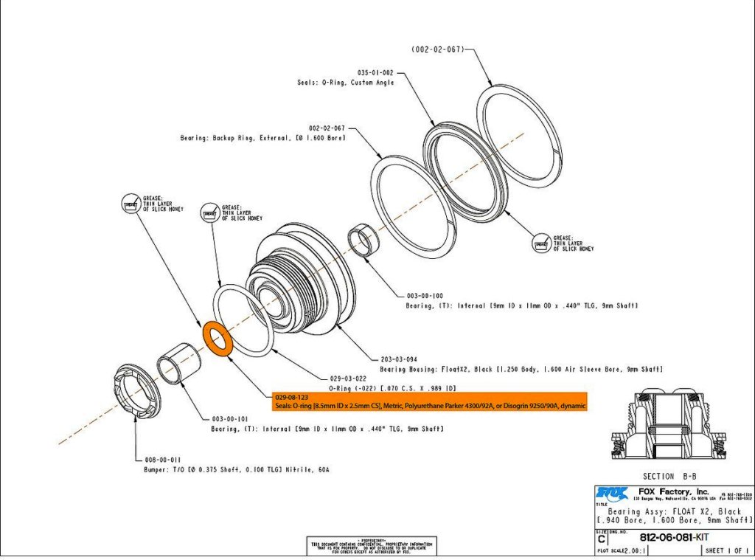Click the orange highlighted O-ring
(218, 339)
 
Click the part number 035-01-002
(375, 73)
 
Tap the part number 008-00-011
(161, 459)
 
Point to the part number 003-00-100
(425, 296)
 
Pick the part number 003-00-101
(230, 418)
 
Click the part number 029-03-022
(347, 377)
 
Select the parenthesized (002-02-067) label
(437, 49)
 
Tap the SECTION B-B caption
(669, 476)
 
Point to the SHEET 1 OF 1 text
(726, 550)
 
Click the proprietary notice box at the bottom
(372, 545)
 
